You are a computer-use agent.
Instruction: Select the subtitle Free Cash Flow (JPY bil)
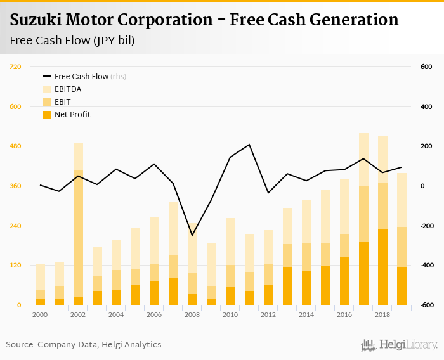coord(72,41)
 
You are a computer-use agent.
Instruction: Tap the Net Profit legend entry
coord(72,115)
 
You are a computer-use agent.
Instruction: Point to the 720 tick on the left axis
coord(15,67)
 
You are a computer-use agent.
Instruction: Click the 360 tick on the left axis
coord(15,186)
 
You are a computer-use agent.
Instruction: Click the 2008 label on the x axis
coord(192,315)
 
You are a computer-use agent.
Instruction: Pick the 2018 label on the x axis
coord(382,315)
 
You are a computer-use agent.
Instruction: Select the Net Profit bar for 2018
coord(382,267)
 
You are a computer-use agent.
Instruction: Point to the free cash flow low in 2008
coord(192,236)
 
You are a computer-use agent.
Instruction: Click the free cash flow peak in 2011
coord(249,145)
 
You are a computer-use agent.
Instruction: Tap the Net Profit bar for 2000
coord(40,302)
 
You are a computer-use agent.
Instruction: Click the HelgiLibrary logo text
coord(407,345)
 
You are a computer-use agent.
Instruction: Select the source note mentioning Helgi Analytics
coord(84,345)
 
